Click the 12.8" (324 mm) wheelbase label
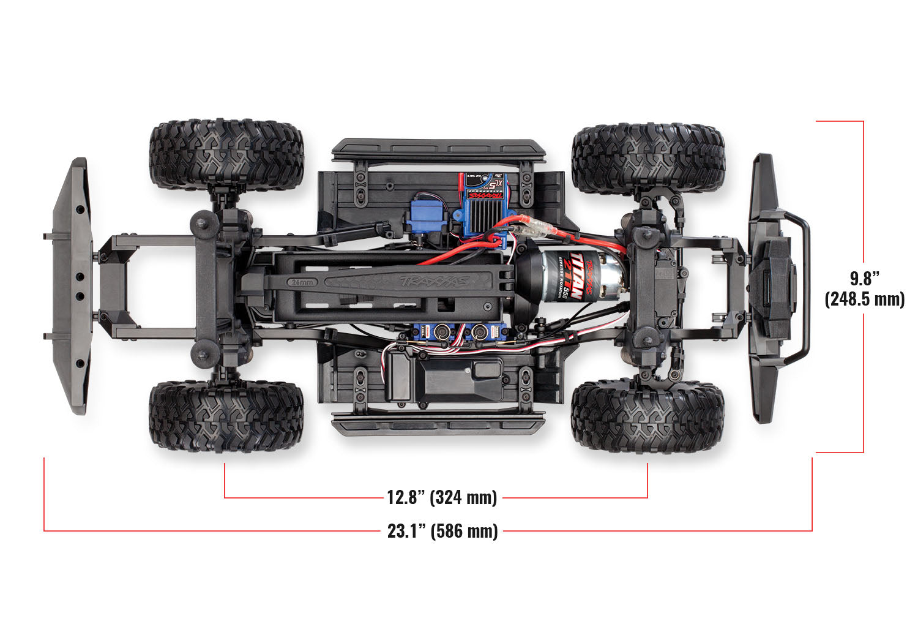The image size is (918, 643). click(x=441, y=497)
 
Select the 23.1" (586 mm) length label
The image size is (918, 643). click(x=442, y=530)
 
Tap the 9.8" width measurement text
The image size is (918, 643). click(x=864, y=279)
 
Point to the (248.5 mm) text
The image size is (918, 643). click(x=864, y=299)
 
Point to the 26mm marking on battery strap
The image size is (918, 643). click(x=302, y=282)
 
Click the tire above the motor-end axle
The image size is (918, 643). click(x=648, y=159)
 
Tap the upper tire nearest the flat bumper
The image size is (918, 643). click(x=226, y=154)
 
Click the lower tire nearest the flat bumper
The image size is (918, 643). click(x=226, y=416)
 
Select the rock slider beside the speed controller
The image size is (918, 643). click(x=438, y=149)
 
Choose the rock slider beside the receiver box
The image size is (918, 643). click(x=438, y=423)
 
